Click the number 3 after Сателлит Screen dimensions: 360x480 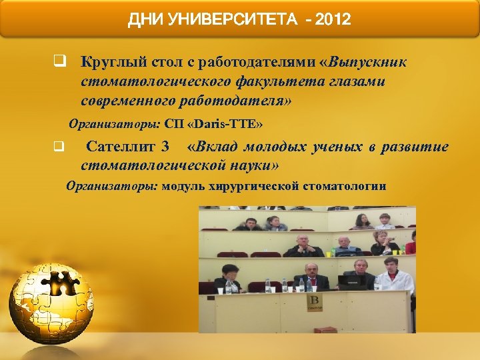tap(165, 147)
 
